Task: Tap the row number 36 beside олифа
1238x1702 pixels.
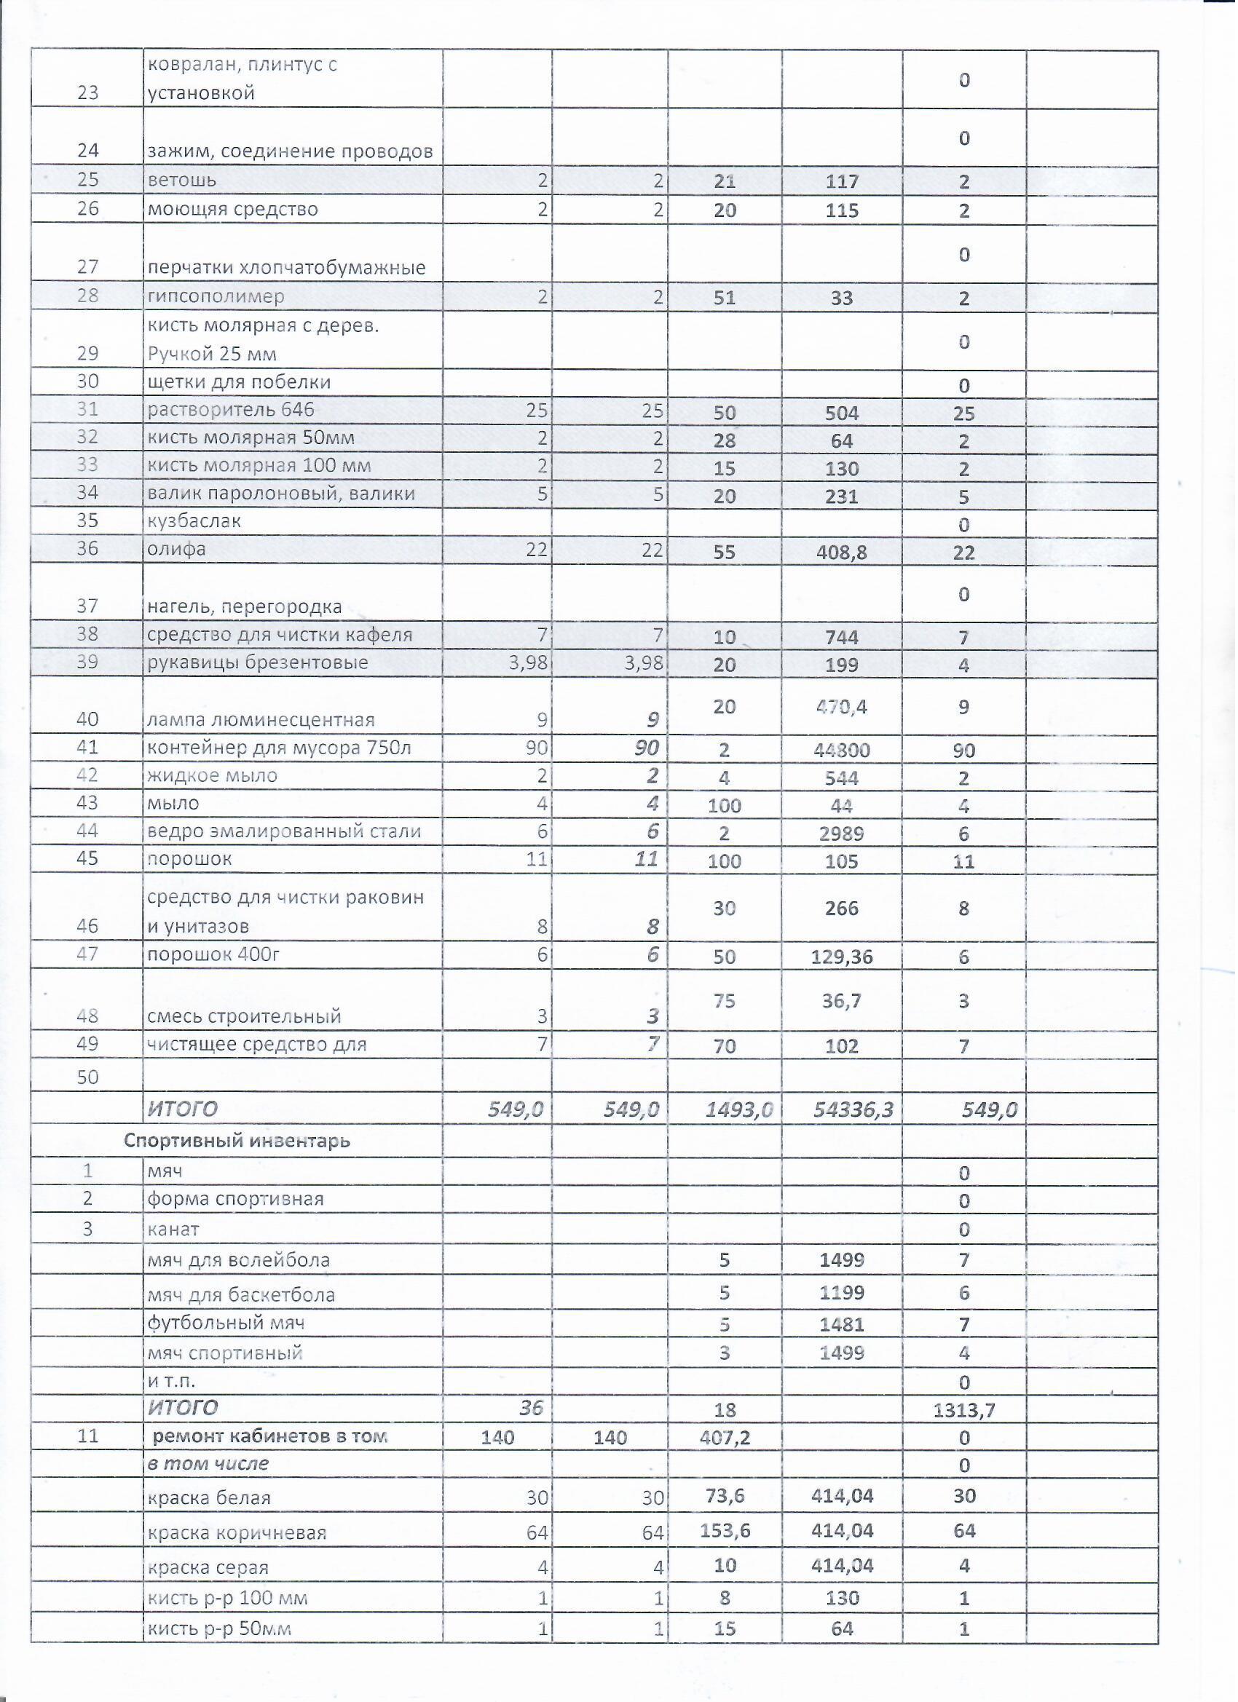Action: (88, 549)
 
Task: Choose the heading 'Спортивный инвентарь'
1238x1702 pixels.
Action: (237, 1141)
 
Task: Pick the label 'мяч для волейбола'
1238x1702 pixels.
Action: (238, 1260)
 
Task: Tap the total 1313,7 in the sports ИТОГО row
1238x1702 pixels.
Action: (963, 1410)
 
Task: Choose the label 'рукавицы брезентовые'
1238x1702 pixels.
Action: (258, 662)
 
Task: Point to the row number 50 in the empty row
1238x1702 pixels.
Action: (88, 1077)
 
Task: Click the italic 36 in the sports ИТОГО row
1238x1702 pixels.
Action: (531, 1407)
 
